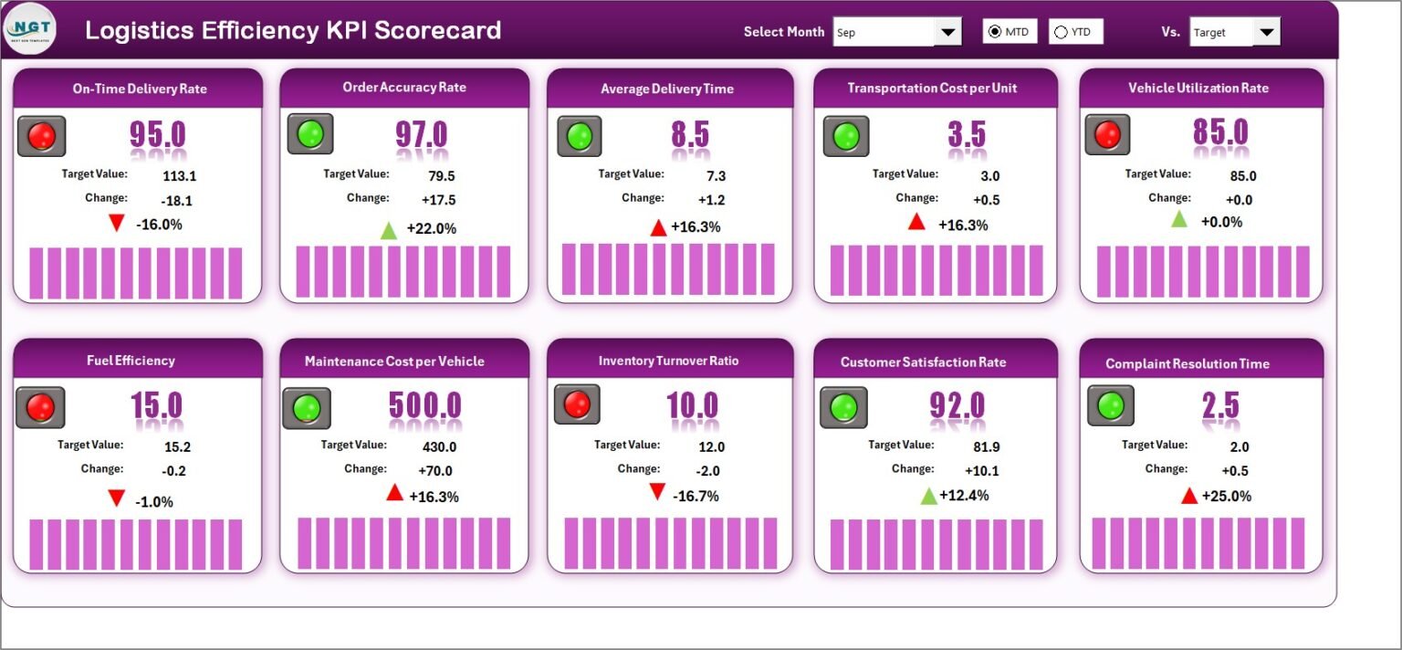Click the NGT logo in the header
point(30,29)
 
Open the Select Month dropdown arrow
point(947,32)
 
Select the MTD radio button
point(995,31)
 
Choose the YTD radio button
point(1061,32)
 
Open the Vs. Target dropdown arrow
point(1266,32)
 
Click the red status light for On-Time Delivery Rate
point(42,136)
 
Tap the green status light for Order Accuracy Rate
point(310,133)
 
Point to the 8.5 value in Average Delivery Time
point(690,134)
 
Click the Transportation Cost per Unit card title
point(932,89)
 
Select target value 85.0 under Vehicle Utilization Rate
point(1243,176)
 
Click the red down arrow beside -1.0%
point(117,498)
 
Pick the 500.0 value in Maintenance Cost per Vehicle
point(425,405)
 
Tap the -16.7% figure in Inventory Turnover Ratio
point(696,496)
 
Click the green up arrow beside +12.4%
point(929,497)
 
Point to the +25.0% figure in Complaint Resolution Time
point(1226,496)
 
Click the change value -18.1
point(176,201)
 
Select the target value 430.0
point(439,447)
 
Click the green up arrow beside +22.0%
point(389,230)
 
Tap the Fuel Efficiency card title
point(131,361)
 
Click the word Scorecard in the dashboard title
point(437,30)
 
